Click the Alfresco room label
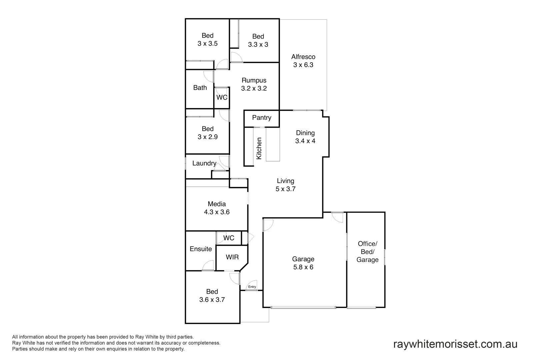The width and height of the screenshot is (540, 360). point(303,57)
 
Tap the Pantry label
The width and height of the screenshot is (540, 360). point(262,118)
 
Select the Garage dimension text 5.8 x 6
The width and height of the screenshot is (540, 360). point(303,267)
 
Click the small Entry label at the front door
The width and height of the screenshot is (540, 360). point(252,287)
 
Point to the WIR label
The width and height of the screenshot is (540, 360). point(232,257)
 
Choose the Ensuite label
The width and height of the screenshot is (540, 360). point(201,249)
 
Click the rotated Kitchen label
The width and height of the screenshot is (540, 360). point(259,148)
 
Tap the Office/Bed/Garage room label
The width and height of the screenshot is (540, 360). point(367,252)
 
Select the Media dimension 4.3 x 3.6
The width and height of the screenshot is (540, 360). point(217,212)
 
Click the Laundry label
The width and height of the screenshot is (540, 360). point(204,163)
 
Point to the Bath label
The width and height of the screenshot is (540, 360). point(200,88)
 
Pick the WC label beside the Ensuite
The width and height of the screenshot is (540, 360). point(229,238)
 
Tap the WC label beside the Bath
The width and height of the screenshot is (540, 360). point(222,97)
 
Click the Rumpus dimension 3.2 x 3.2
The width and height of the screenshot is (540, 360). point(254,89)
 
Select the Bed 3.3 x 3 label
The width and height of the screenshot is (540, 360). point(258,40)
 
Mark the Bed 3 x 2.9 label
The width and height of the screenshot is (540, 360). point(207,133)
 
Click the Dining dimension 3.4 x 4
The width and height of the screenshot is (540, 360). point(305,141)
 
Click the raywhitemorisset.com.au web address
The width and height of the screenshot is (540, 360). point(455,344)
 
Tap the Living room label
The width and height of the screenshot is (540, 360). point(285,181)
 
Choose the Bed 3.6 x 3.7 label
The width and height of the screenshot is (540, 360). point(212,296)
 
